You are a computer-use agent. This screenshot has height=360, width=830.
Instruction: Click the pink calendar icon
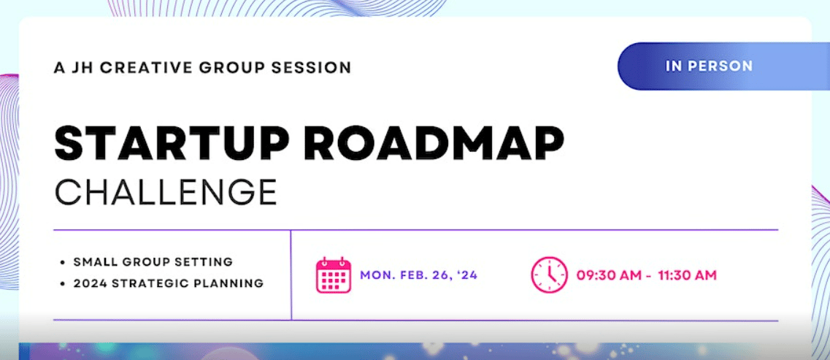click(x=334, y=275)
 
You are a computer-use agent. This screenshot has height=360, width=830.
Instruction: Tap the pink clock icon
click(x=549, y=275)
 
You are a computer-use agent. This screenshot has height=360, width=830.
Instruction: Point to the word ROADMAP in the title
click(x=437, y=143)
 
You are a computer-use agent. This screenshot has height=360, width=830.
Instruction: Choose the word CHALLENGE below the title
click(x=166, y=191)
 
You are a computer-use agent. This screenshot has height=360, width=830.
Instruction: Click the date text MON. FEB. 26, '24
click(x=419, y=275)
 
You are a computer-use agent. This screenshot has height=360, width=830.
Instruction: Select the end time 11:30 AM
click(x=688, y=275)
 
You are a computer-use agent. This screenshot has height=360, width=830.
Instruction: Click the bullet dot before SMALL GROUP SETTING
click(x=63, y=262)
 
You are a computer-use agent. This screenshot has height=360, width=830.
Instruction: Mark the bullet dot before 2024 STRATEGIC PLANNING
click(x=63, y=284)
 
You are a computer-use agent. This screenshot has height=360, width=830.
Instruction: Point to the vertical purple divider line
click(x=291, y=275)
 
